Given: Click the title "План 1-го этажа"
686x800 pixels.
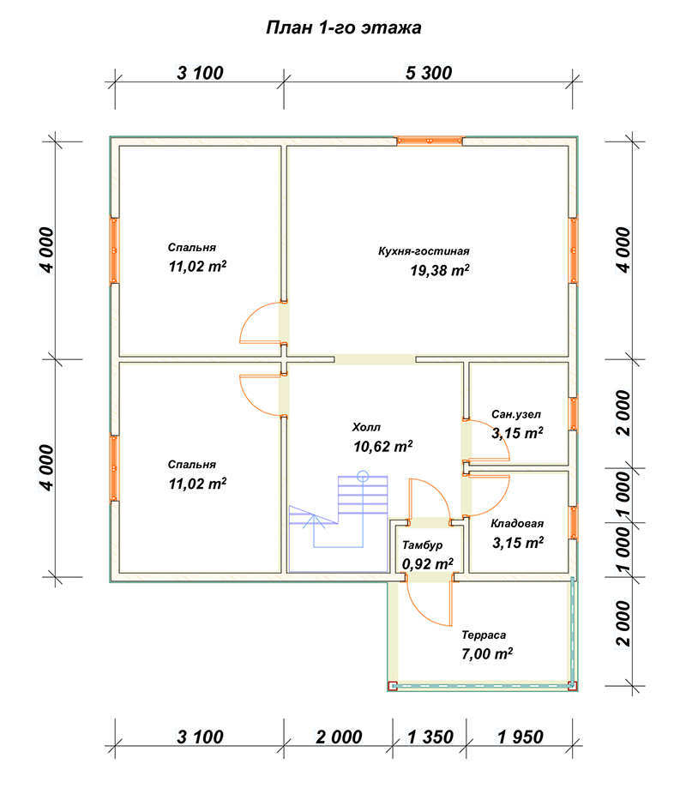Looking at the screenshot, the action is tap(344, 27).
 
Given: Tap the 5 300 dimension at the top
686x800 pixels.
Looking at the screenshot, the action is tap(429, 73).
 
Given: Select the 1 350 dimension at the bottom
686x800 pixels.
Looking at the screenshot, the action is tap(430, 737).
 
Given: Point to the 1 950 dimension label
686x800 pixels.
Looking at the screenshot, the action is tap(521, 737).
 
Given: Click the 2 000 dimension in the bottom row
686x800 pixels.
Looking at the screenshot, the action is tap(339, 737).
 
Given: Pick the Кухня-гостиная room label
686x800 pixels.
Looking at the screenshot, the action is tap(424, 251).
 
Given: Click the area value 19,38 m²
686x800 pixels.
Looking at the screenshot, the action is tap(439, 270).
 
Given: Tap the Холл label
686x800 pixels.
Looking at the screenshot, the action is tap(366, 427).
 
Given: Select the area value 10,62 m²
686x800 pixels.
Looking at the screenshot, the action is tap(382, 447).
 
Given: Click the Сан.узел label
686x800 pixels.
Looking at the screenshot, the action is tap(516, 414).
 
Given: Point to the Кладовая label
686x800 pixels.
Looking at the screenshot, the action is tap(517, 523).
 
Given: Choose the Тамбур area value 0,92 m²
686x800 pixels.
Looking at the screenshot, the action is tap(428, 564).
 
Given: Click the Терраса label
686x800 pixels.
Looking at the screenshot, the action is tap(484, 635).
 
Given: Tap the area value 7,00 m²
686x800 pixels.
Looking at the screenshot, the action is tap(487, 653).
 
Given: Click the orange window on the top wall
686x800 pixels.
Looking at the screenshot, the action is tap(430, 141).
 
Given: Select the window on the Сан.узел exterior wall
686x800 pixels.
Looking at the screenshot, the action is tap(573, 414).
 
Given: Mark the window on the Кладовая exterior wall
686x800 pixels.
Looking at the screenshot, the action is tap(573, 522).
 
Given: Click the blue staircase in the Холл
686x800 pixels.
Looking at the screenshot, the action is tap(339, 523).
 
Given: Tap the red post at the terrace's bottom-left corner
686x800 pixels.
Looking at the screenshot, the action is tap(393, 686).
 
